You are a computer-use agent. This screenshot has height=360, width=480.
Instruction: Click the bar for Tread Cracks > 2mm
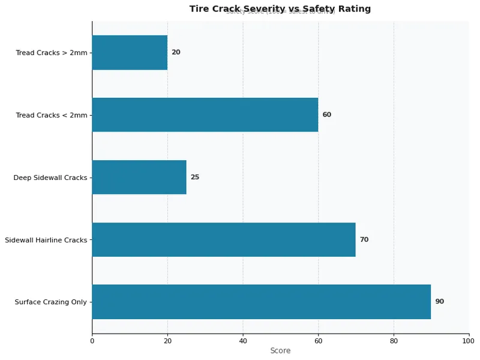[130, 53]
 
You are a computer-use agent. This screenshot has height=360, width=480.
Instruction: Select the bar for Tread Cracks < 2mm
[205, 115]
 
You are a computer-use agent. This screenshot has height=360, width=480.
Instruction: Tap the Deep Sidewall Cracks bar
[139, 177]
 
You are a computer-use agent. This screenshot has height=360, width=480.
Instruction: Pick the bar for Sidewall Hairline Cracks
[224, 239]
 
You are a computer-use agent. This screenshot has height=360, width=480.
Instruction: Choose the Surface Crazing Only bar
[261, 302]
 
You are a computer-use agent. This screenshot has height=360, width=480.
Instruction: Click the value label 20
[176, 53]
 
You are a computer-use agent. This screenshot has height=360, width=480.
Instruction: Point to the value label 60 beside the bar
[326, 115]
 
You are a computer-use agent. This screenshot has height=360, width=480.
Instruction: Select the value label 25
[195, 177]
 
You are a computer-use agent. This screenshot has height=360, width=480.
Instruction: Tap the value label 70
[364, 239]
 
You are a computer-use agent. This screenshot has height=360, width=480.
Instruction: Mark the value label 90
[439, 302]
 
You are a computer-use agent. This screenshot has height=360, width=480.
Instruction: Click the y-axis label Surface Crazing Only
[51, 302]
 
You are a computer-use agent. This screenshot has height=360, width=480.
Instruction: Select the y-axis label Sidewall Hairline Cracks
[46, 240]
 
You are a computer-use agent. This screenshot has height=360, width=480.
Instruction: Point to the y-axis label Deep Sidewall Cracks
[50, 178]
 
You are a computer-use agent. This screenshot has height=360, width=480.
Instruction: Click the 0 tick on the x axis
[92, 341]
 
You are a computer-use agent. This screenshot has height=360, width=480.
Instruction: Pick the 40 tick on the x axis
[243, 341]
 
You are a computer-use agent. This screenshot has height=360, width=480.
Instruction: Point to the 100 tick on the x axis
[469, 341]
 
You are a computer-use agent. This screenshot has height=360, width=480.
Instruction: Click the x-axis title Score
[280, 351]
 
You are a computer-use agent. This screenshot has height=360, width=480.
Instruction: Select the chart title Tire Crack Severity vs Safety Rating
[280, 9]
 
